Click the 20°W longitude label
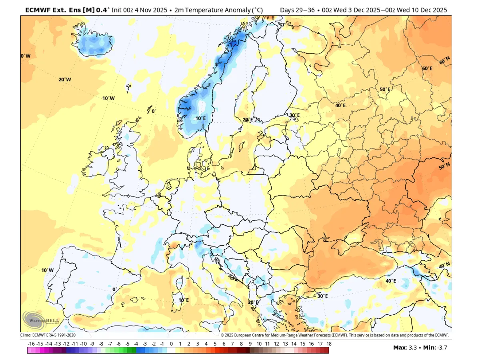[x=65, y=80]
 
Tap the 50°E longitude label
[x=385, y=89]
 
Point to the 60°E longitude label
[x=427, y=68]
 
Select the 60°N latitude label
[x=444, y=61]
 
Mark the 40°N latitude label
[x=444, y=266]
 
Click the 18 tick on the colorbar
[x=329, y=344]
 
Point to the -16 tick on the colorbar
[x=31, y=344]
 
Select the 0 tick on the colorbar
[x=171, y=344]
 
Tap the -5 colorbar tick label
[x=127, y=344]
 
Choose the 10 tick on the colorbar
[x=259, y=344]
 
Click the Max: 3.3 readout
[x=405, y=347]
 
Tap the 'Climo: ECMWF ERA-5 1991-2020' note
[x=48, y=335]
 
